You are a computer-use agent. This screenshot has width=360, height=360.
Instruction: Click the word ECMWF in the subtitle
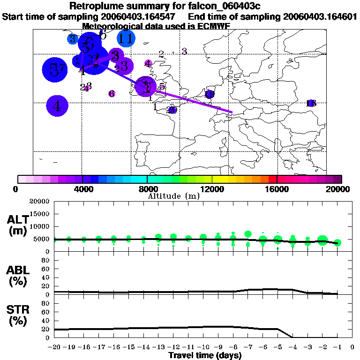coord(213,26)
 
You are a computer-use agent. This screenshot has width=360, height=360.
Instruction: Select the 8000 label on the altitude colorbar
coord(147,189)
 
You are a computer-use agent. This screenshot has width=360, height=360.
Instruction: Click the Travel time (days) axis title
coord(205,355)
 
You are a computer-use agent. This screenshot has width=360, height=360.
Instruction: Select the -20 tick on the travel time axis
coord(54,347)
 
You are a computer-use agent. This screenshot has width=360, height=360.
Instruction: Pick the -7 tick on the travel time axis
coord(248,347)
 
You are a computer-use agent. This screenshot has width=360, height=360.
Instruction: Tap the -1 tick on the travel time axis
coord(337,347)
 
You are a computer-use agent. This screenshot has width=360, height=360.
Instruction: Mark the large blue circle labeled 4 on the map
coord(57,106)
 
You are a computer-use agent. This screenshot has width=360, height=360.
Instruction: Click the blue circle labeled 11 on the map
coord(125,38)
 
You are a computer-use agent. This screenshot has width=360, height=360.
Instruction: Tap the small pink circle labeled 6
coord(112,94)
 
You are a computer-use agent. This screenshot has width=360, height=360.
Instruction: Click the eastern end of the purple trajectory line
coord(232,112)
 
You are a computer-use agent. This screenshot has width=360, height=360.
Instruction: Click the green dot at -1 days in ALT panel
coord(337,242)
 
